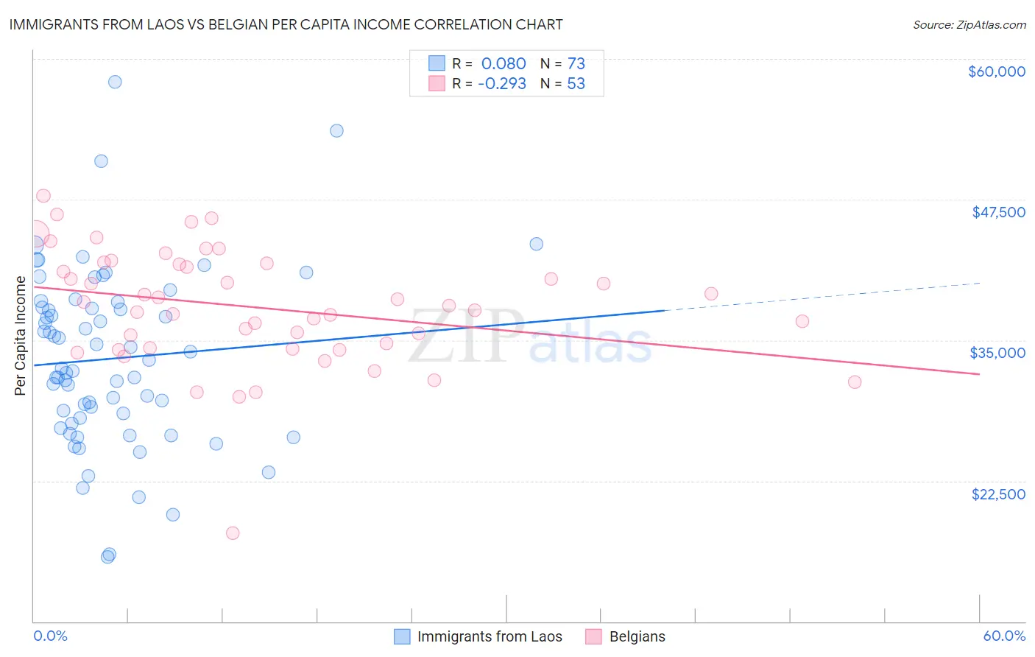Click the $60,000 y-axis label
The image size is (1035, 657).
[x=996, y=71]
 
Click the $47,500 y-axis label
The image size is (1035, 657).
[x=998, y=212]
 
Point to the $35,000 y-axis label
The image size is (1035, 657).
[x=997, y=353]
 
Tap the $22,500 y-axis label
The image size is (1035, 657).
[x=998, y=494]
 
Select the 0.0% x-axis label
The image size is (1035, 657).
[x=50, y=636]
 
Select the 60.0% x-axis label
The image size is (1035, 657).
[x=1004, y=636]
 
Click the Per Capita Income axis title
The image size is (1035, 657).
[x=21, y=336]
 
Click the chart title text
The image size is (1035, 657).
[x=286, y=24]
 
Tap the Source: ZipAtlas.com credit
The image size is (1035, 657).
[x=969, y=24]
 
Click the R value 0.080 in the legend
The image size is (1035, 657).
[x=504, y=63]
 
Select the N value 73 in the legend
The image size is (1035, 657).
[x=576, y=63]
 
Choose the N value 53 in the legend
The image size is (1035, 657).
[x=576, y=84]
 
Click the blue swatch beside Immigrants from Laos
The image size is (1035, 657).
[x=402, y=636]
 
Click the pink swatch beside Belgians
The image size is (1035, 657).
[x=594, y=636]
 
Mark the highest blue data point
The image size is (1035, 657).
[x=115, y=82]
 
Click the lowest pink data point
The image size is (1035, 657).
[x=233, y=533]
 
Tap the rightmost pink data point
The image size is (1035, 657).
[x=855, y=382]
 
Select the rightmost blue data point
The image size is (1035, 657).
[x=537, y=244]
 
